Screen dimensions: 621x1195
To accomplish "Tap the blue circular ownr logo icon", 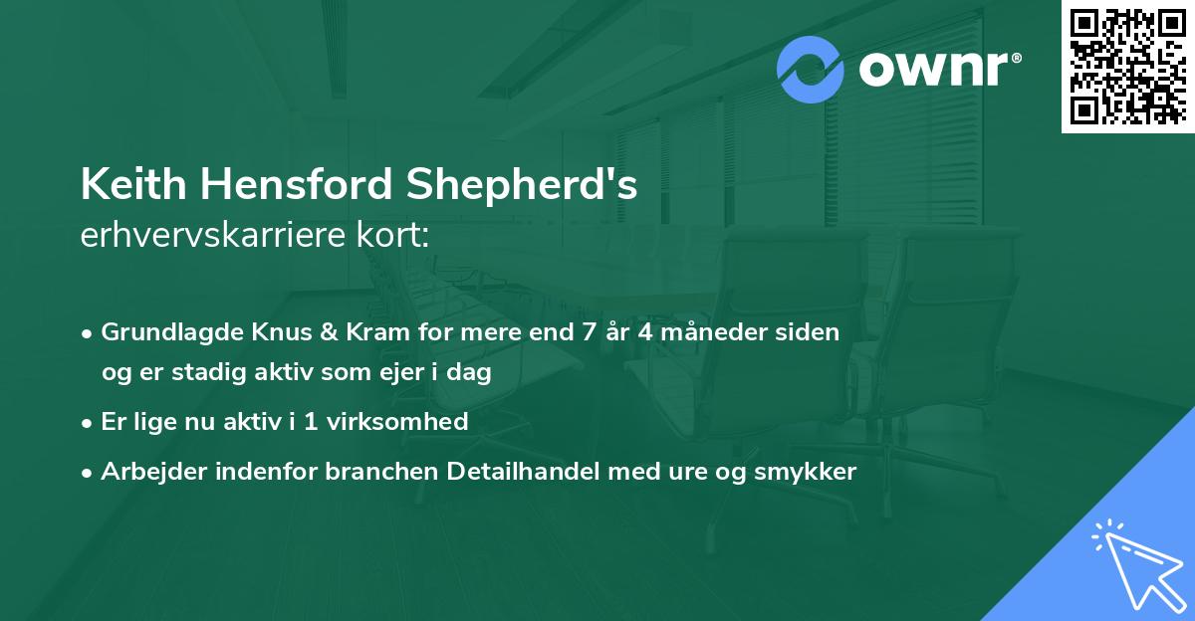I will (x=811, y=70).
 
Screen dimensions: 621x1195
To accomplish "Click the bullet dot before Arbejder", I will (x=88, y=473).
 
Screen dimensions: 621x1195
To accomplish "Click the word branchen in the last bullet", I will (x=372, y=472).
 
